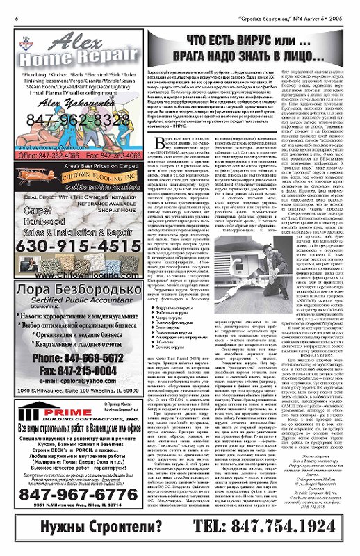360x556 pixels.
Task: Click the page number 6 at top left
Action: [x=16, y=9]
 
